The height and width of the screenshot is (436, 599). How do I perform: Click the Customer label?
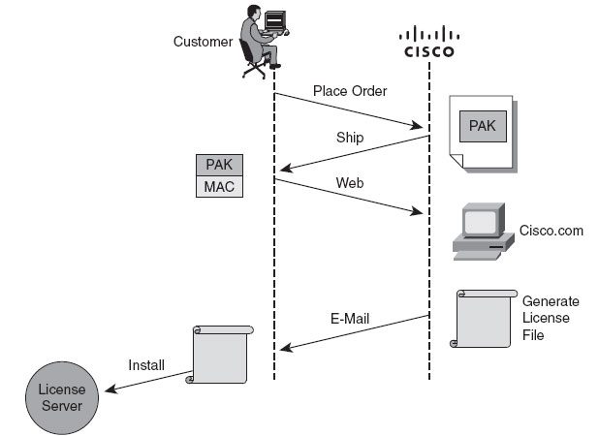(x=203, y=42)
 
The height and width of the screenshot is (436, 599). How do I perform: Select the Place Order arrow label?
(x=350, y=91)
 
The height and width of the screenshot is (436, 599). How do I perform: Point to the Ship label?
(x=349, y=138)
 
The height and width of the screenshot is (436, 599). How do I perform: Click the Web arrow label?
(x=349, y=182)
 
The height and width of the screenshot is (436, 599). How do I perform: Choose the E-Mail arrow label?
(x=350, y=317)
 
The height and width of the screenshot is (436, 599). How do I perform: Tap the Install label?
(x=146, y=365)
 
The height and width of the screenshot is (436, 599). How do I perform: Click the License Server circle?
(x=61, y=398)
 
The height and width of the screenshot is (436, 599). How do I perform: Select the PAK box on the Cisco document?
(x=482, y=125)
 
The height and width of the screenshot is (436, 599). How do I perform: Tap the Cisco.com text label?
(x=550, y=230)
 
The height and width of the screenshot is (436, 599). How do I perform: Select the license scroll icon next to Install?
(x=221, y=355)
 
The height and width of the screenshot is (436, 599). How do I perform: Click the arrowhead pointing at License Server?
(x=109, y=391)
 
